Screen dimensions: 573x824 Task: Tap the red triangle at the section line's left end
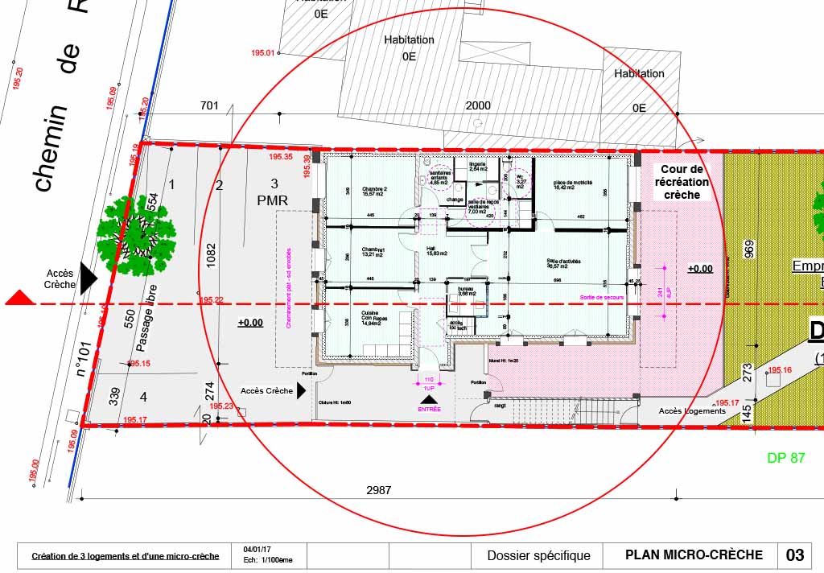19,299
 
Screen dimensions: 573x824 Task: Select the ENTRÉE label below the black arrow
429,410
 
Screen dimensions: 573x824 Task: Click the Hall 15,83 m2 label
435,252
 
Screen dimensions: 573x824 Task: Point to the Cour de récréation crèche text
682,182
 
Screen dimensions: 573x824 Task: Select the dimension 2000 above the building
477,106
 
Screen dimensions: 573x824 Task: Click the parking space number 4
143,397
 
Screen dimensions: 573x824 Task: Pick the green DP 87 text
785,458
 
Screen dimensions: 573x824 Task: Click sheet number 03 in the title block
794,555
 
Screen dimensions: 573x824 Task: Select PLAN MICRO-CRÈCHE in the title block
694,555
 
